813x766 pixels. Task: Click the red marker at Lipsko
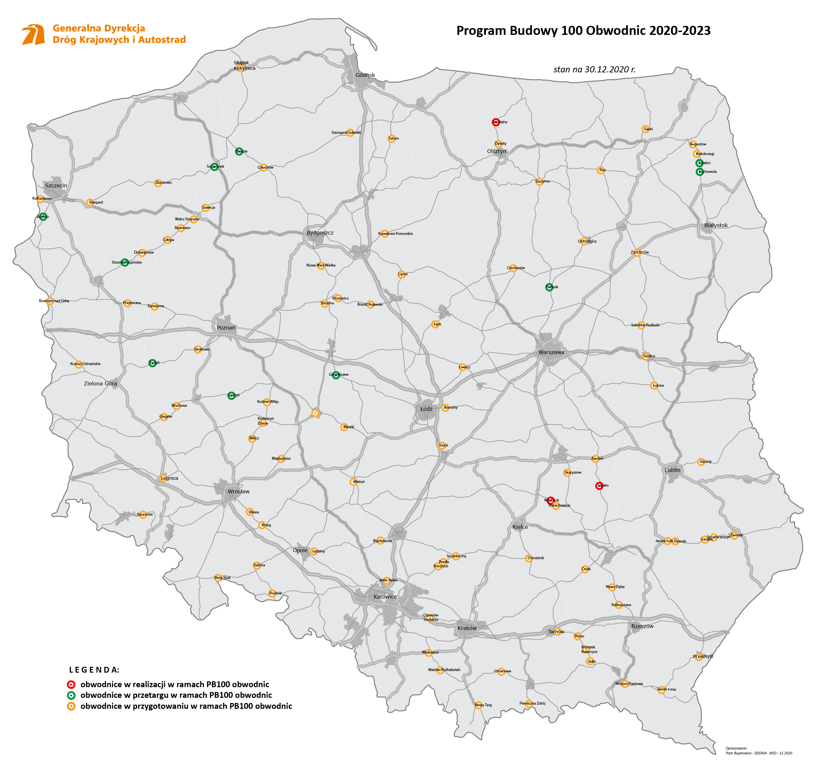[x=599, y=486]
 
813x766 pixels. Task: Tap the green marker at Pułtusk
[x=549, y=287]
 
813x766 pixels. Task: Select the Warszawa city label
[x=551, y=352]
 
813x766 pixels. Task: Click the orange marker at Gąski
[x=645, y=129]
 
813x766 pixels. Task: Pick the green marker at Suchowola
[x=699, y=172]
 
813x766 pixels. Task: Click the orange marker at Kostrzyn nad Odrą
[x=50, y=301]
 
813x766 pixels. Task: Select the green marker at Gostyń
[x=232, y=395]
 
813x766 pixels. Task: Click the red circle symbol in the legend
[x=71, y=684]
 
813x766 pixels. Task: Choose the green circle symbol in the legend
[x=71, y=695]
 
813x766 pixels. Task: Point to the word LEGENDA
[x=94, y=670]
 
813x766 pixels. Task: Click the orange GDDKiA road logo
[x=33, y=34]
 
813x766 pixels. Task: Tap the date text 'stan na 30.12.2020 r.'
[x=594, y=69]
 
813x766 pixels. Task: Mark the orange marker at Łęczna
[x=701, y=462]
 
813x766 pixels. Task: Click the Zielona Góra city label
[x=100, y=383]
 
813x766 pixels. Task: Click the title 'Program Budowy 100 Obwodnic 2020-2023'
[x=583, y=30]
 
